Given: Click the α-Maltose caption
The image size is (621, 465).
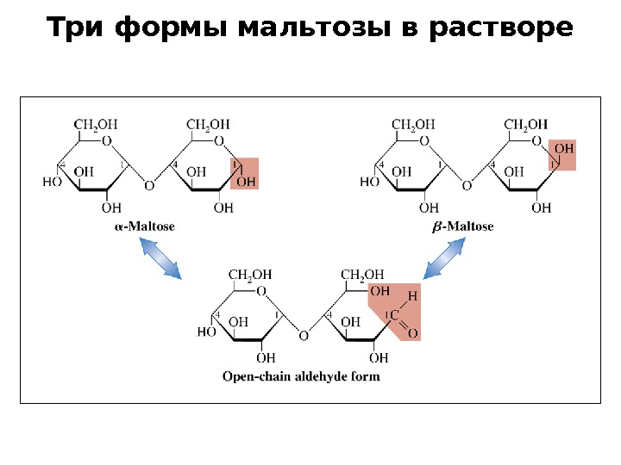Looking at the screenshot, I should coord(145,226).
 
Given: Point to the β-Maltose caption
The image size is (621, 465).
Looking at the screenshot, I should coord(462,226).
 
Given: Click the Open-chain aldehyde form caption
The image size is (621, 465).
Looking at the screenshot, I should coord(301,376).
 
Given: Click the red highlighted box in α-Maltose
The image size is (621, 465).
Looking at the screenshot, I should coord(244,173).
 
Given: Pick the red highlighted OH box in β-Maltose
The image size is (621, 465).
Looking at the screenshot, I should coord(561,156).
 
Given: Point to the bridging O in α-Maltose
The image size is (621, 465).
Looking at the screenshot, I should coord(149,185).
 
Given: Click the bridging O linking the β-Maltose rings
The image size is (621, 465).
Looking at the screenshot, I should coord(467,185).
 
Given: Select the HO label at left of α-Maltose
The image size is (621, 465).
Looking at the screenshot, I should coord(53,182).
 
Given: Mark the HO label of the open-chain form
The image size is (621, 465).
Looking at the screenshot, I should coord(207,332).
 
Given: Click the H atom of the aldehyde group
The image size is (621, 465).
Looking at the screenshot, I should coord(412,296).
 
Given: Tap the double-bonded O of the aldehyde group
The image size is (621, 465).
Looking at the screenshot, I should coord(412,333).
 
